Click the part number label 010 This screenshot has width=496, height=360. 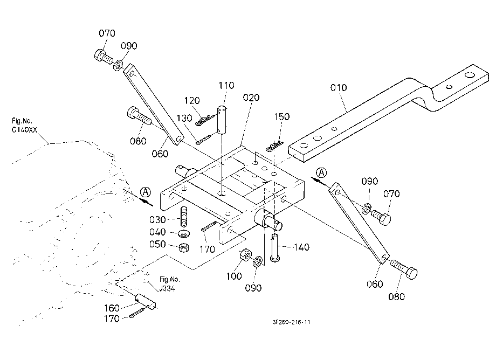(x=339, y=87)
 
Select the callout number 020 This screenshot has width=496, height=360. (x=251, y=98)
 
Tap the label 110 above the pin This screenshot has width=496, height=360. (x=226, y=85)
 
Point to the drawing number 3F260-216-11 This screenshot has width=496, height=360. (x=291, y=322)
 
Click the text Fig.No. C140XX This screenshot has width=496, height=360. (x=24, y=125)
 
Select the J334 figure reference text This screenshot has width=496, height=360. (x=167, y=288)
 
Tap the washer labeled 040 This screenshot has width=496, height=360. (x=183, y=234)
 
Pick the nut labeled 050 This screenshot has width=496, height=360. (x=183, y=247)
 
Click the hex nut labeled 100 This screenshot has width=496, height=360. (x=245, y=255)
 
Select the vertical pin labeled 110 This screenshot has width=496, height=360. (x=223, y=120)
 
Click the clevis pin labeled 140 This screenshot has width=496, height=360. (x=275, y=247)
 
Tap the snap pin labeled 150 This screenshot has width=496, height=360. (x=274, y=146)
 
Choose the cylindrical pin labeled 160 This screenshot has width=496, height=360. (x=146, y=301)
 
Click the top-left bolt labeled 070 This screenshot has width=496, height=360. (x=103, y=57)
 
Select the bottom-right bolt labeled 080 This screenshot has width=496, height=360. (x=404, y=269)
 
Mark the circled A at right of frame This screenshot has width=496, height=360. (x=321, y=172)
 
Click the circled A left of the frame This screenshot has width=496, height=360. (x=146, y=192)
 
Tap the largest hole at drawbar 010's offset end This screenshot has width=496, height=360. (x=470, y=75)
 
